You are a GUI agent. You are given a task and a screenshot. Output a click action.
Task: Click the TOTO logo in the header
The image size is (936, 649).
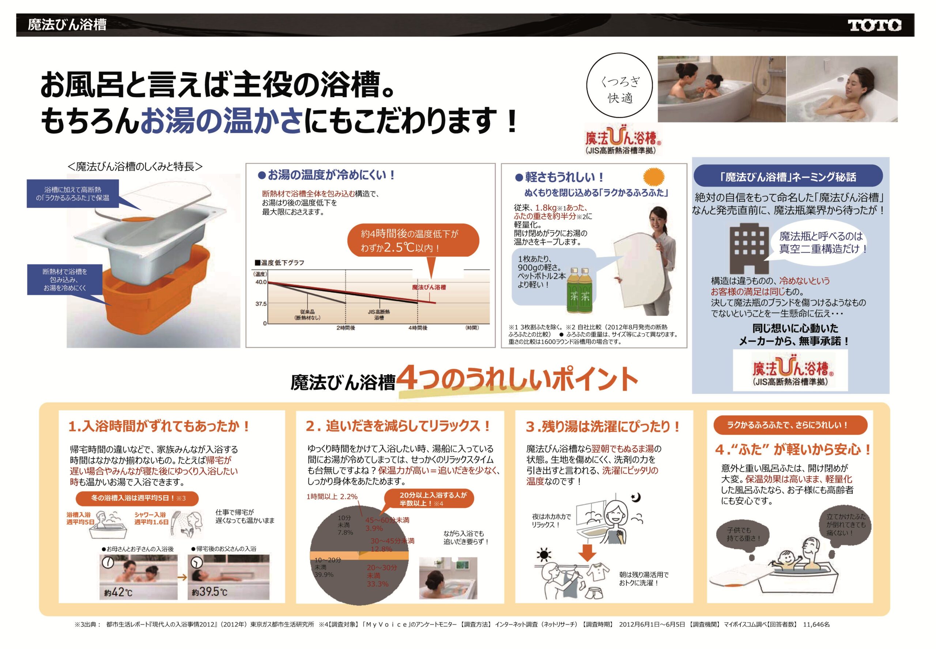pos(874,25)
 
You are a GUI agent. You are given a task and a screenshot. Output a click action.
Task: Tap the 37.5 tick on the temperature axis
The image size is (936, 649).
pos(261,304)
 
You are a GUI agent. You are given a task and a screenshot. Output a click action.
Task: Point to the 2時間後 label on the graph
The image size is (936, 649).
pos(346,328)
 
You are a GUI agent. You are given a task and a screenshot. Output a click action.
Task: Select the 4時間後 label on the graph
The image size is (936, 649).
pos(418,328)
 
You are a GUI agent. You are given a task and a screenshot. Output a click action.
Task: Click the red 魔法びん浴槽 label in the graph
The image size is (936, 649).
pos(429,287)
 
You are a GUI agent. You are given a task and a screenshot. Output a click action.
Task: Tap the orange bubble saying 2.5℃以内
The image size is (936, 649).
pos(413,241)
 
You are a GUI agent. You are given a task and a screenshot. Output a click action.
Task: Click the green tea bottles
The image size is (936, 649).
pos(580,290)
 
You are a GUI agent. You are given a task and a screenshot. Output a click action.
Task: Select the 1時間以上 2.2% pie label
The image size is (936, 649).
pos(332,497)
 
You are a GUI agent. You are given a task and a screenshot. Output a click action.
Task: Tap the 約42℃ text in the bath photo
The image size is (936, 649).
pos(118,592)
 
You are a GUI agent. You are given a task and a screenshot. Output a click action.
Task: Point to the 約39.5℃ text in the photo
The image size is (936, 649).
pos(210,592)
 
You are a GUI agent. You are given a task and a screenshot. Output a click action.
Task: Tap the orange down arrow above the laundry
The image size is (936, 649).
pos(587,552)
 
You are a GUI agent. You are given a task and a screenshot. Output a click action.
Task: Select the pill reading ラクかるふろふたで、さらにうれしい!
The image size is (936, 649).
pos(790,425)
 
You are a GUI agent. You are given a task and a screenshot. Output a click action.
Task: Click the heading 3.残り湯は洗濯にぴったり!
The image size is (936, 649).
pos(603,427)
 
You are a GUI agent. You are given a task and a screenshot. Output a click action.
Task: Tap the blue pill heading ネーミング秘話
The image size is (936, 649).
pos(788,177)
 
